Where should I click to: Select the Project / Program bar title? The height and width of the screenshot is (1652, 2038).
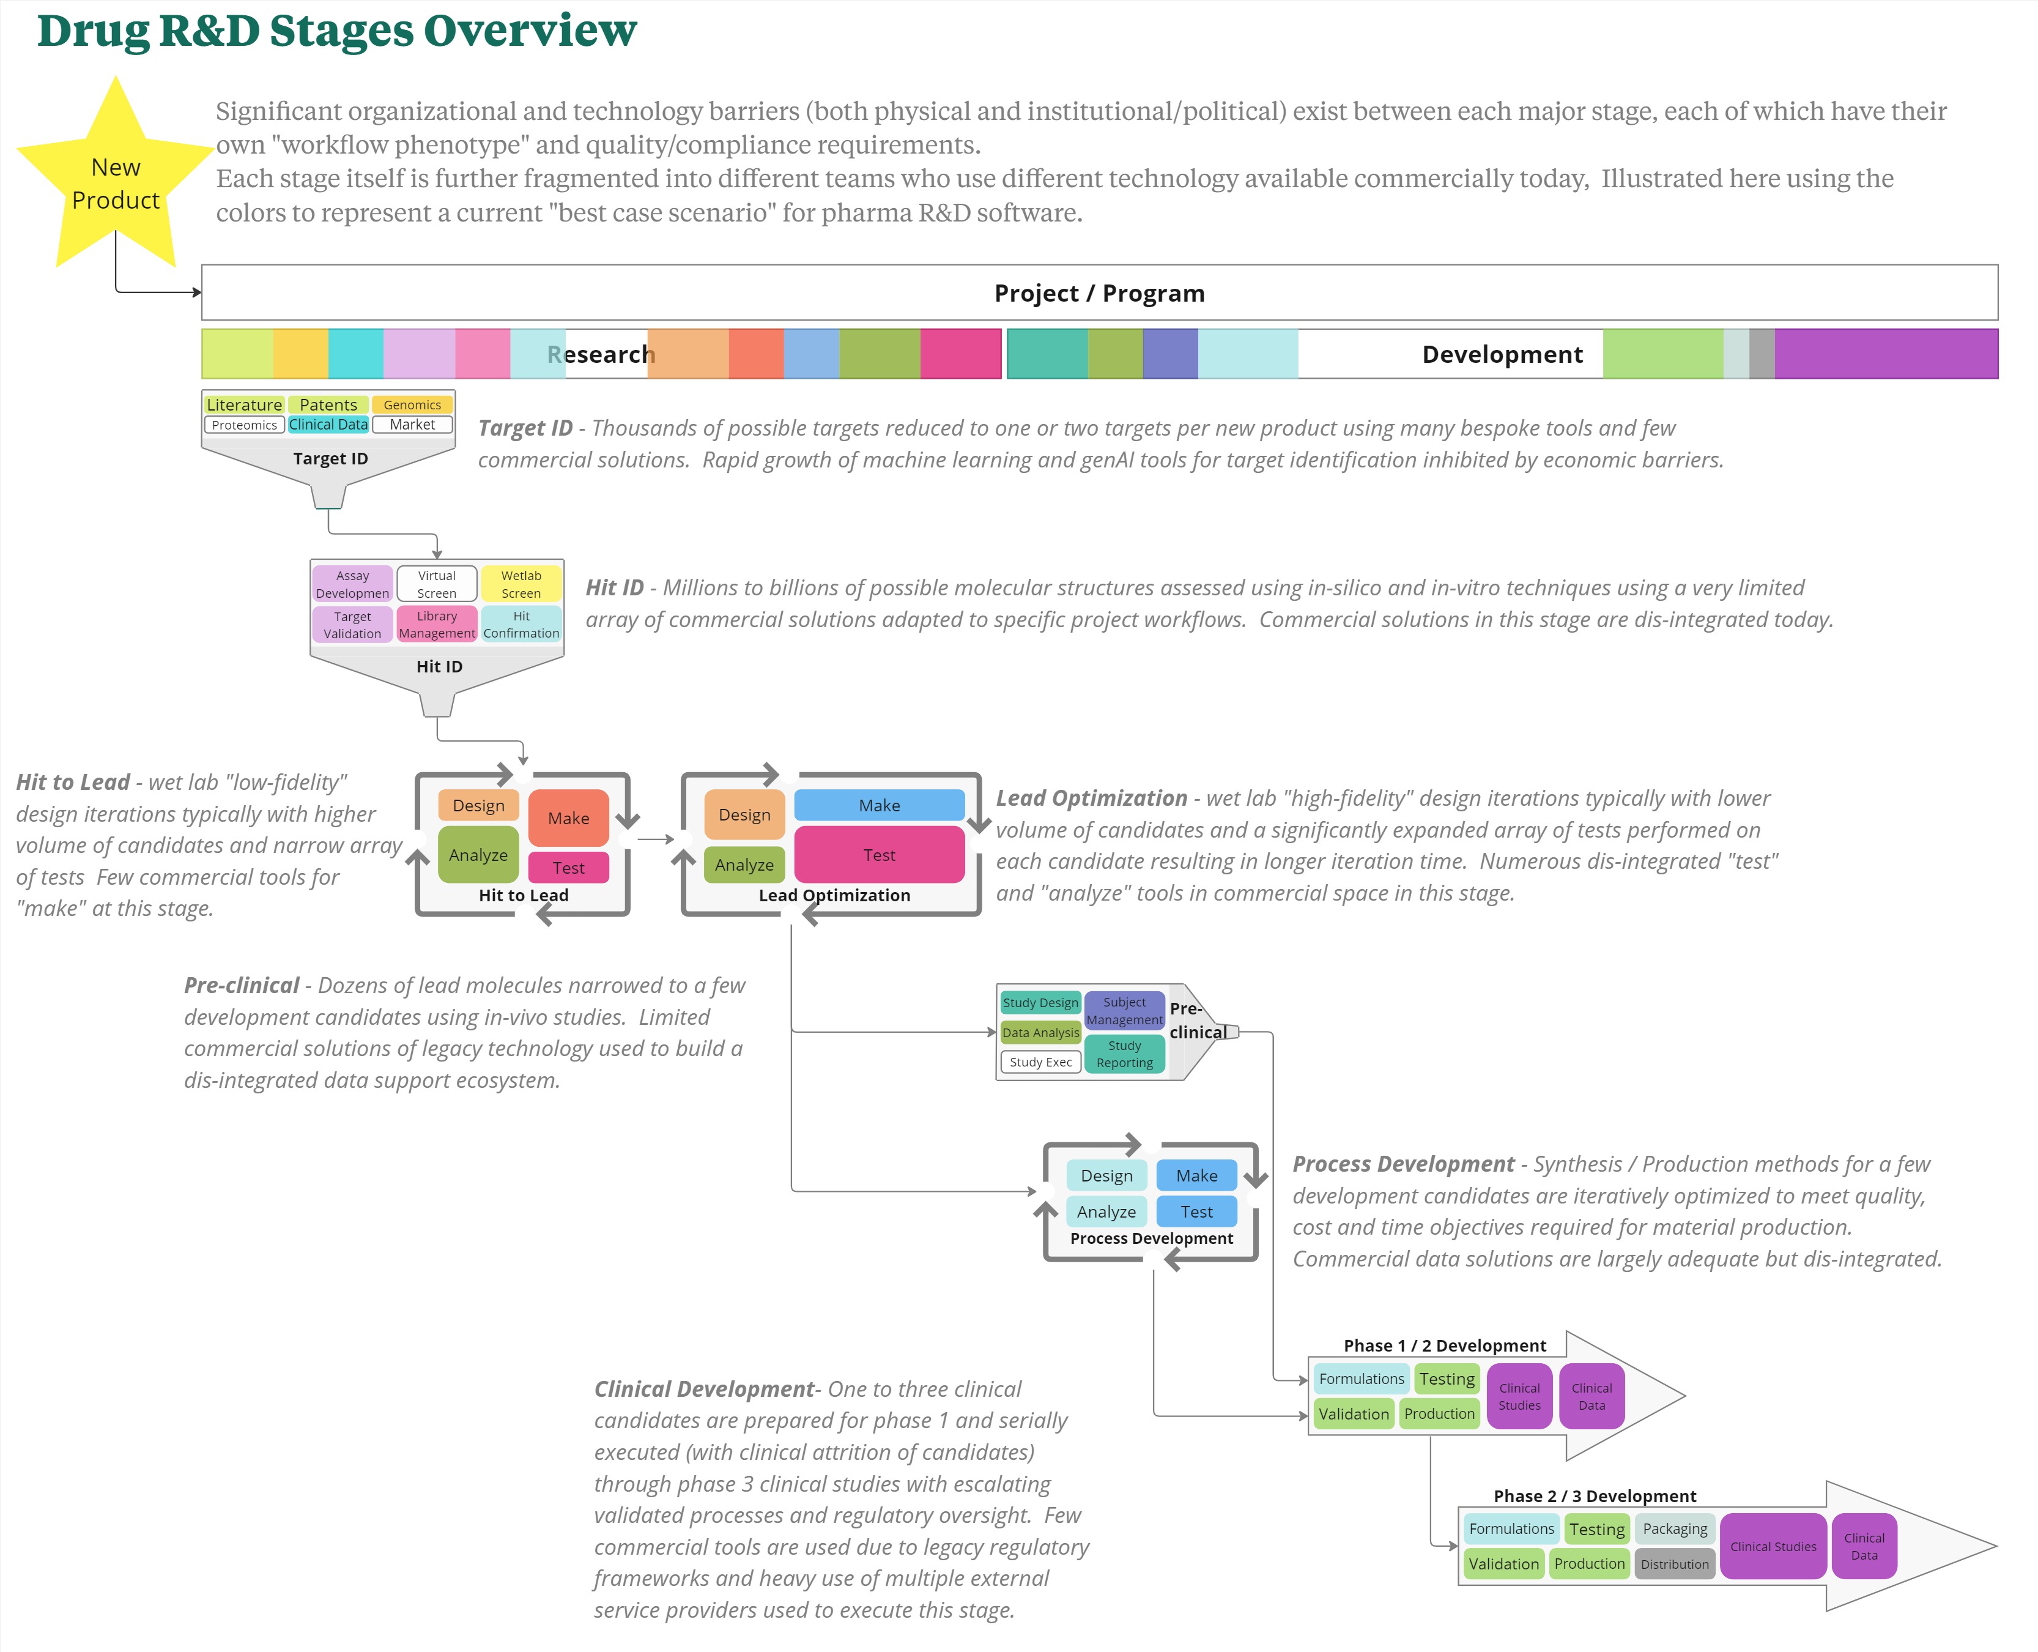[1099, 293]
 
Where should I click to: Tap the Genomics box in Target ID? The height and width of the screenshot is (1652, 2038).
[412, 404]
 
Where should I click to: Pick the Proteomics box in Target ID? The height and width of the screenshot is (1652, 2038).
[245, 425]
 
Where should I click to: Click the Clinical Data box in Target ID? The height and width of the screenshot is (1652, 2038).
[328, 425]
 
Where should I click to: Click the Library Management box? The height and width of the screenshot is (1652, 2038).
[437, 624]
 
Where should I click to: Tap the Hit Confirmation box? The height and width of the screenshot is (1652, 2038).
[521, 624]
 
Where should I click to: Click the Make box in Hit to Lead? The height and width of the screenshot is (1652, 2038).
[568, 819]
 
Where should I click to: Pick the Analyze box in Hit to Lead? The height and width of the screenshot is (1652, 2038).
[478, 855]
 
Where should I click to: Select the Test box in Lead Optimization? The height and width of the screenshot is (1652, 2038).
[879, 855]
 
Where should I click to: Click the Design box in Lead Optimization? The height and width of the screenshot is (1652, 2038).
[744, 814]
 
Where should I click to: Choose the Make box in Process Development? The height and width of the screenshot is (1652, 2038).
[1196, 1175]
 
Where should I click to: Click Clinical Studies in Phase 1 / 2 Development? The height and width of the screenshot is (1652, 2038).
[1519, 1396]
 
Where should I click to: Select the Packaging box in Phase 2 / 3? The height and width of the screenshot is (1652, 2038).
[1675, 1528]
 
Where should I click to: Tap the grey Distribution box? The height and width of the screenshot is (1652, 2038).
[1675, 1563]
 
